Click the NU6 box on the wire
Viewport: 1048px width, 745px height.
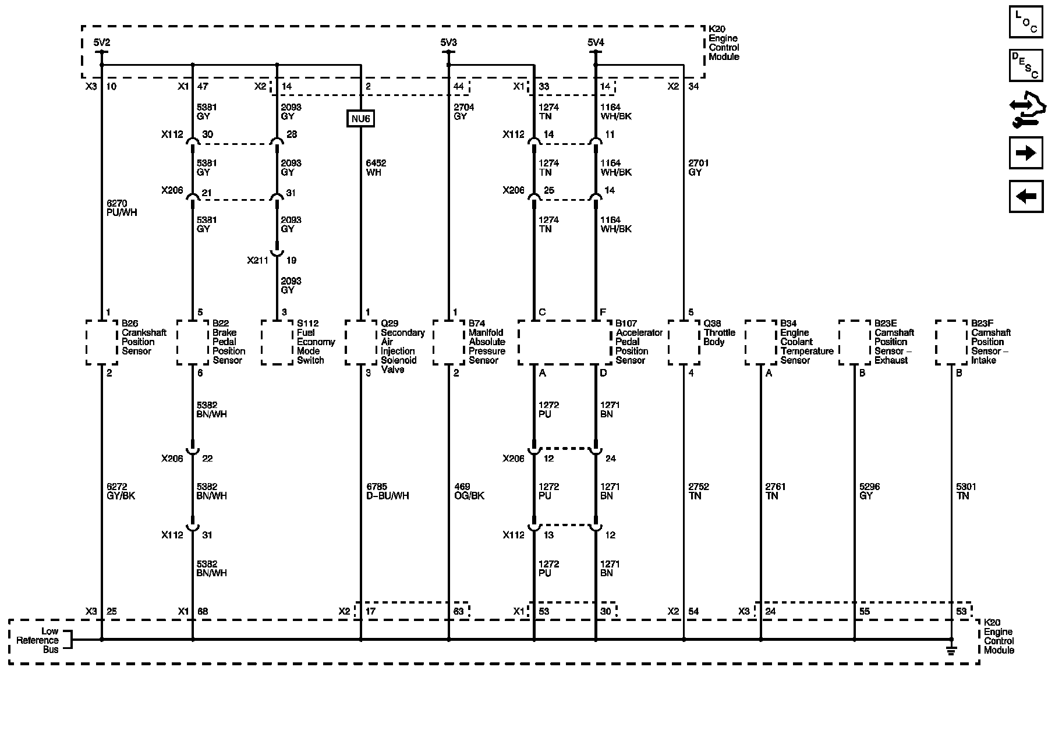(x=360, y=119)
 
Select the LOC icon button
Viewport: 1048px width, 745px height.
(x=1026, y=22)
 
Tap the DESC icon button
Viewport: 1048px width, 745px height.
(x=1026, y=66)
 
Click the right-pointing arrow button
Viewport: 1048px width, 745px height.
(x=1026, y=153)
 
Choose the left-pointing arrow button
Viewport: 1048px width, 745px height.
(x=1026, y=197)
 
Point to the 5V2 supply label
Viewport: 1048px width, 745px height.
(x=101, y=42)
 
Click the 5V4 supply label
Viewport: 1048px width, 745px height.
(x=595, y=42)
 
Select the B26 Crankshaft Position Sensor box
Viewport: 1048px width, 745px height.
(x=101, y=342)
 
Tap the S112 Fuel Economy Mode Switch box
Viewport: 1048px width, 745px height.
(x=277, y=342)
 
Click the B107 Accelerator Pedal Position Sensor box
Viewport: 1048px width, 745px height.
(x=564, y=342)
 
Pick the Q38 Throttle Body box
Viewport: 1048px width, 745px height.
(x=684, y=342)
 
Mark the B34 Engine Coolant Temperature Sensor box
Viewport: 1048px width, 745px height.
(x=760, y=342)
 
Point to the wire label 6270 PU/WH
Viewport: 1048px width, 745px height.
(x=121, y=208)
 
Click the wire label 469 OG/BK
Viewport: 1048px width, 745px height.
(x=469, y=491)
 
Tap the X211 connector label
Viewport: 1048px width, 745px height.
(x=257, y=260)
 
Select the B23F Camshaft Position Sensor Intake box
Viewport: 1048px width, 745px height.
(x=951, y=342)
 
